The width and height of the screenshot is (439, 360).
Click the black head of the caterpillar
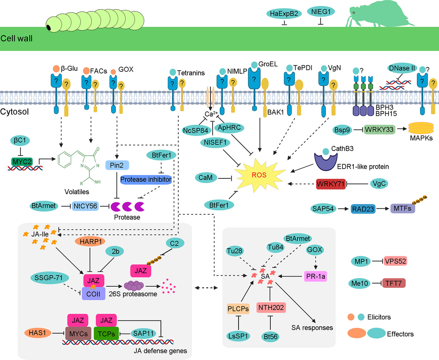tap(49, 28)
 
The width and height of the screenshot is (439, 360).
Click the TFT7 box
tap(394, 283)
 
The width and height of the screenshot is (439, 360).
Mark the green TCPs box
tap(108, 334)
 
